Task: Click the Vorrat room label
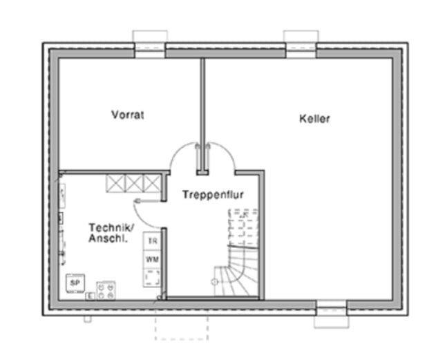[x=127, y=115]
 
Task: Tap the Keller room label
[x=314, y=119]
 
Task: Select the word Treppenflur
[x=213, y=195]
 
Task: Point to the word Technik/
[x=111, y=227]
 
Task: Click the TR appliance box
[x=152, y=241]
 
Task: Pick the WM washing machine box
[x=152, y=259]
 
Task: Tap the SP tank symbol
[x=75, y=283]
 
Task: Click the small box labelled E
[x=91, y=296]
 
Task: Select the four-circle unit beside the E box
[x=106, y=290]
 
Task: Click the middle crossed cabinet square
[x=134, y=184]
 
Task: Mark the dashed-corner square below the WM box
[x=152, y=278]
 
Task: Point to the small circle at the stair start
[x=214, y=282]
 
